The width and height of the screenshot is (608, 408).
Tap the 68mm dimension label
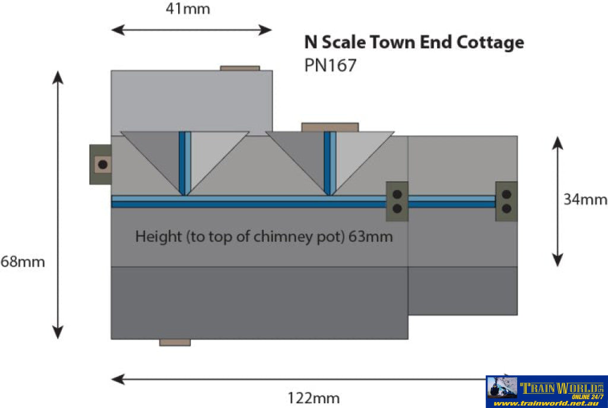coord(22,261)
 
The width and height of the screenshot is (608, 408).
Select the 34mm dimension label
coord(585,200)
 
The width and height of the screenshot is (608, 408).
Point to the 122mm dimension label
coord(313,398)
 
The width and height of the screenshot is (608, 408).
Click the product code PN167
coord(330,65)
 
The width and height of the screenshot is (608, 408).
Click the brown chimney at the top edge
coord(240,68)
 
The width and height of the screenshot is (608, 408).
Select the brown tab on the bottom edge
coord(175,342)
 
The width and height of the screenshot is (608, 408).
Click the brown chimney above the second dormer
coord(330,127)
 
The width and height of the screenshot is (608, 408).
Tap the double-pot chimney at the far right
coord(506,201)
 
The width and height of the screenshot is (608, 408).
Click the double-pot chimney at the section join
coord(397,201)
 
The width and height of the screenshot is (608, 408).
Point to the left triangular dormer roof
coord(185,157)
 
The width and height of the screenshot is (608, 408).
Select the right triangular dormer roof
coord(330,157)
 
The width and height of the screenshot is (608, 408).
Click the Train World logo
coord(546,388)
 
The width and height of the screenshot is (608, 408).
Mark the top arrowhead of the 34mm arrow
coord(557,141)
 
